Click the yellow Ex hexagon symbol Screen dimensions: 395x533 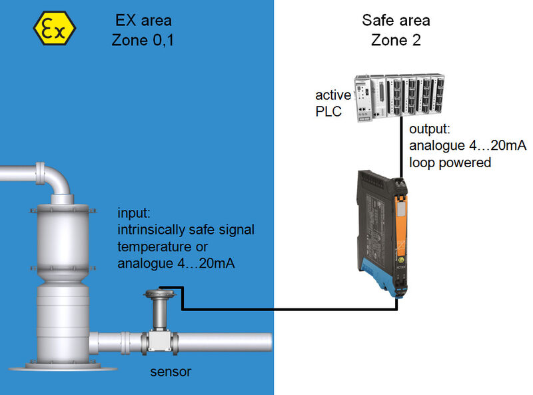(55, 27)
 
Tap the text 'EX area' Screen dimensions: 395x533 (143, 20)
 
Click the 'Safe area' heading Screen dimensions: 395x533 (396, 20)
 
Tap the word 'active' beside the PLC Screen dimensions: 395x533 (333, 96)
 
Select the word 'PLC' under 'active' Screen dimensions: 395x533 (328, 111)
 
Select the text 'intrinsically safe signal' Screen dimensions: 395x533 (186, 230)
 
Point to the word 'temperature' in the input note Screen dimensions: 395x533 (153, 247)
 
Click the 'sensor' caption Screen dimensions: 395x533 (170, 372)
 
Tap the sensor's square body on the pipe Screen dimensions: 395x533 (159, 340)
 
